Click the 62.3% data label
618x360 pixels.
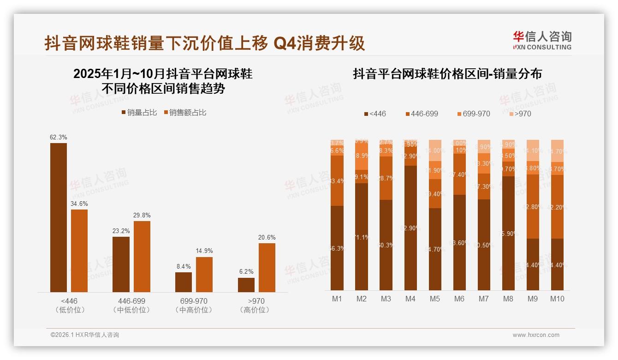pos(59,137)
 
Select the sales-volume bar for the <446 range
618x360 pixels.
pos(59,217)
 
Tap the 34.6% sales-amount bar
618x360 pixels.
pos(79,251)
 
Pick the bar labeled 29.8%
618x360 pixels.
pos(142,256)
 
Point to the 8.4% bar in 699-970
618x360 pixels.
pos(184,282)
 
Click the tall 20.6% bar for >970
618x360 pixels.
pos(267,268)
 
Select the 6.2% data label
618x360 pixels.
pos(246,272)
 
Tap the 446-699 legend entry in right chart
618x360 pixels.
pos(422,114)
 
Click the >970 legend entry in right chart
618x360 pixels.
pos(519,114)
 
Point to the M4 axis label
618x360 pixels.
pos(410,299)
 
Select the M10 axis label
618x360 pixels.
pos(557,299)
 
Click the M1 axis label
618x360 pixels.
pos(337,299)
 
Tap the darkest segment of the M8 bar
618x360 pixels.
pos(508,233)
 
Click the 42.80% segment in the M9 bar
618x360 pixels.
pos(533,206)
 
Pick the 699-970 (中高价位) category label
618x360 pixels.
pos(194,305)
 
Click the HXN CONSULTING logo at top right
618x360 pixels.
pos(542,41)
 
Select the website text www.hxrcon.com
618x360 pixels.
pos(536,335)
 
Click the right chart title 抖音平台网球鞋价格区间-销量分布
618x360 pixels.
pos(447,74)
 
